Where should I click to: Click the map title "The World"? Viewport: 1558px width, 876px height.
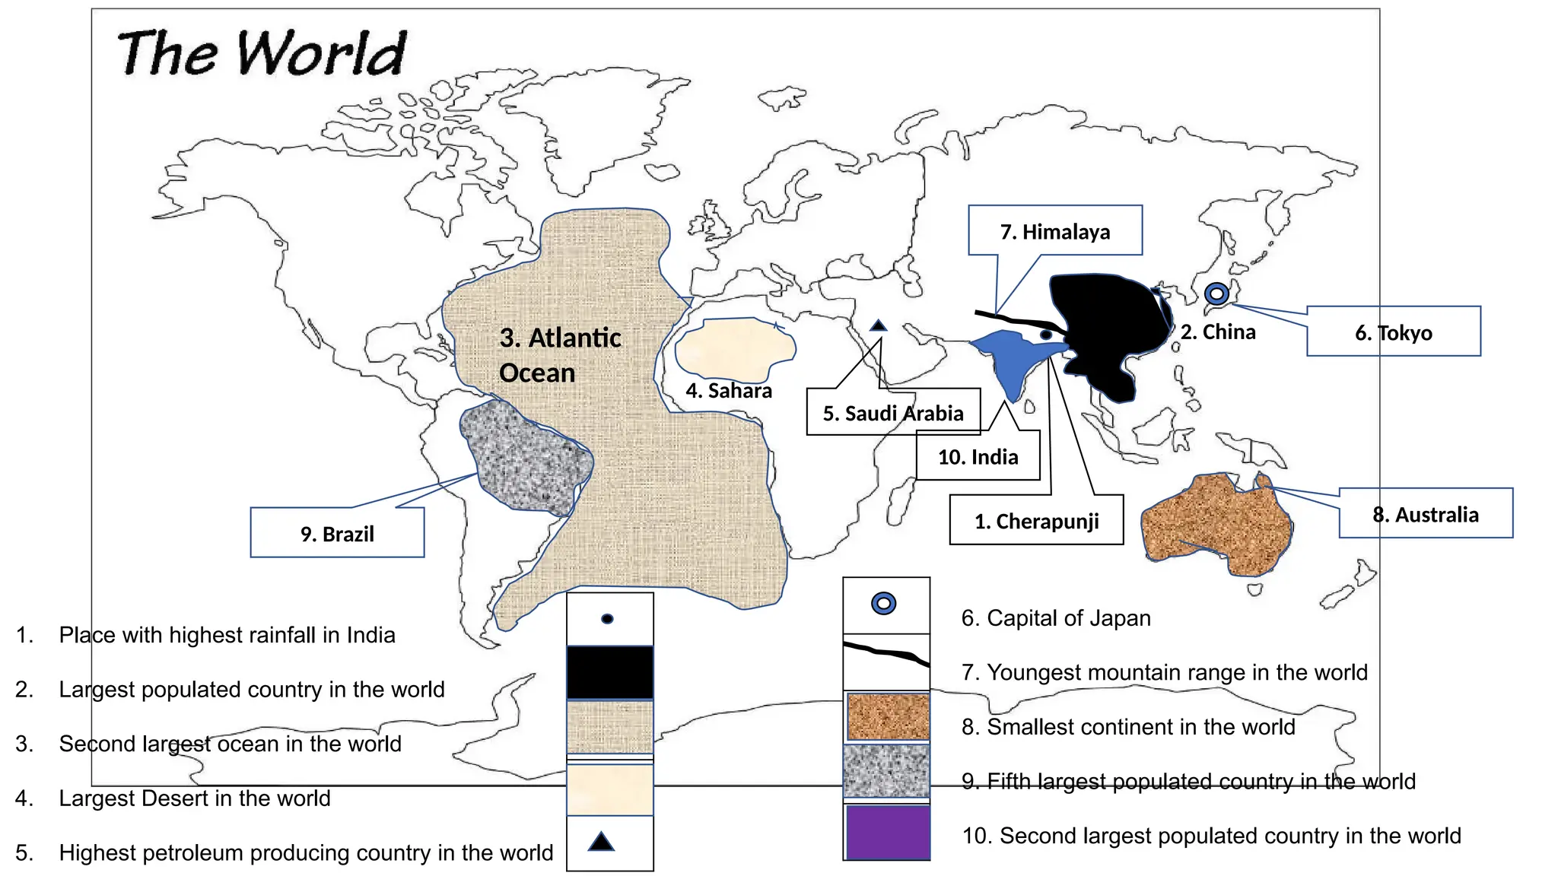tap(262, 53)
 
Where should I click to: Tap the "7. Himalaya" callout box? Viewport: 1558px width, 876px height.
tap(1054, 230)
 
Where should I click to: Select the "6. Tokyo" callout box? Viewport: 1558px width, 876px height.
tap(1393, 332)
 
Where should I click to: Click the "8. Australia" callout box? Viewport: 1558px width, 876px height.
tap(1426, 514)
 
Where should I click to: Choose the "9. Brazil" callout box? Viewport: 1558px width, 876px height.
tap(337, 533)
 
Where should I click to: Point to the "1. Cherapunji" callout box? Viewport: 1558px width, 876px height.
tap(1036, 521)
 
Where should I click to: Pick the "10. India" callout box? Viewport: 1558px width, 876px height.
tap(978, 456)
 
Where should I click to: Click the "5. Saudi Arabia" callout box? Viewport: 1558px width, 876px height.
tap(893, 413)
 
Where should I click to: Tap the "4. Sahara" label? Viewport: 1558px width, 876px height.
tap(729, 391)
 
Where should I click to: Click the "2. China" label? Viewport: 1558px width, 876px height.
tap(1218, 332)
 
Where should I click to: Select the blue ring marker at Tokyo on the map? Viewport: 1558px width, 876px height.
tap(1216, 294)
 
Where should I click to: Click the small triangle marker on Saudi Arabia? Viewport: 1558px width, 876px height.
tap(879, 325)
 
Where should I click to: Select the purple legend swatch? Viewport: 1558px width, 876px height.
tap(887, 832)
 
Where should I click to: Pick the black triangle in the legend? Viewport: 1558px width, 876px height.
tap(602, 842)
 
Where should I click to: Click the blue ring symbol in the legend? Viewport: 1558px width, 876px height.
tap(883, 604)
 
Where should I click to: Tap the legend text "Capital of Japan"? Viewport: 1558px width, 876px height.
tap(1068, 618)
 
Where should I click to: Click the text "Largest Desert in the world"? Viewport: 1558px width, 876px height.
tap(195, 798)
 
